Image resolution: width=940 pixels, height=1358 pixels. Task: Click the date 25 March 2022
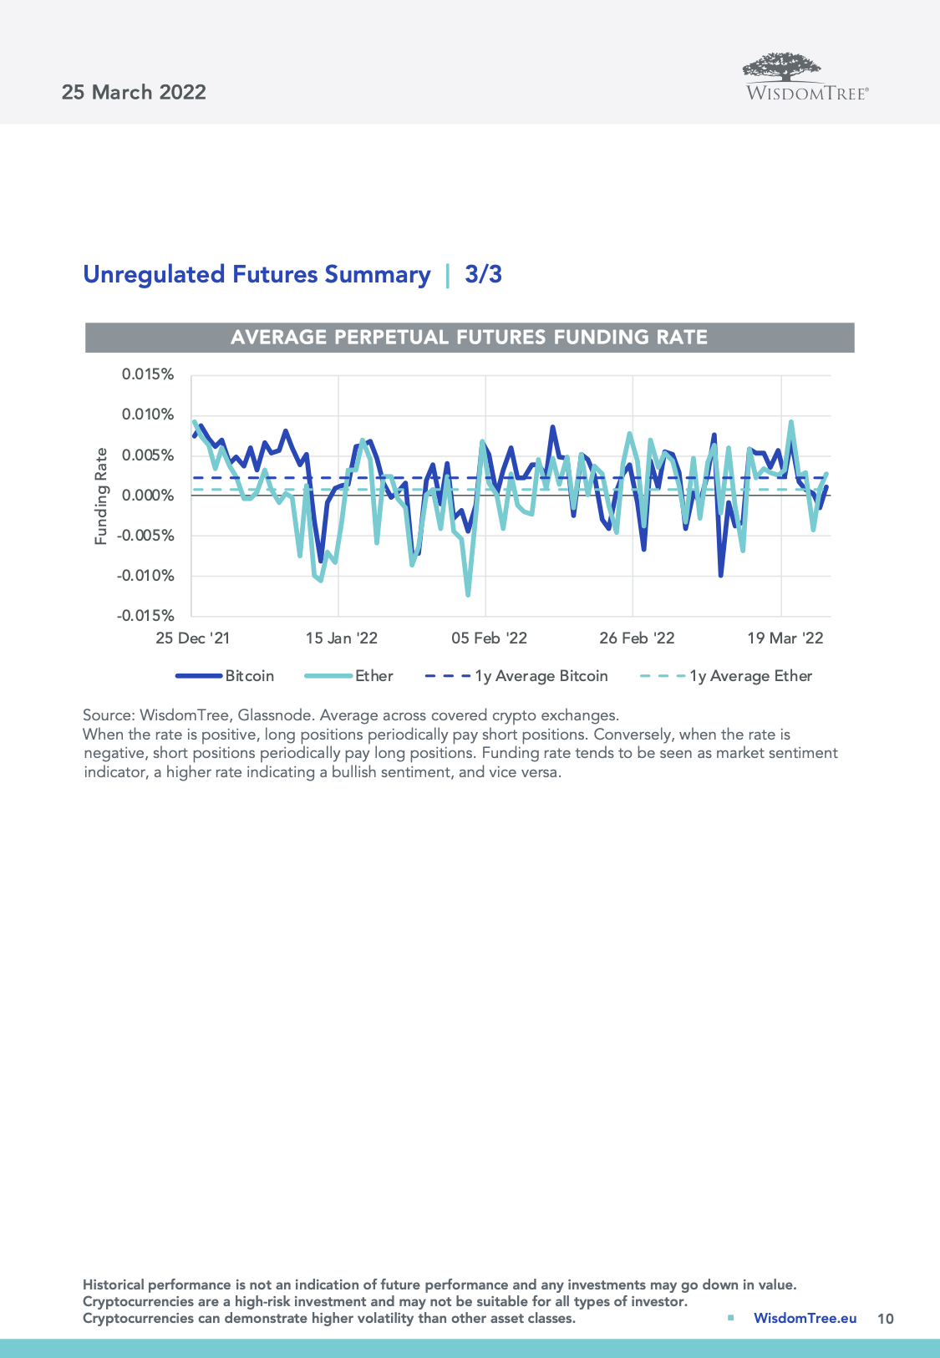tap(134, 92)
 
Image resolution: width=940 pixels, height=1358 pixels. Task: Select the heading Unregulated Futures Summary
tap(257, 274)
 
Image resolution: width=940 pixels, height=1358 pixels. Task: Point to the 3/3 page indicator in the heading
tap(483, 274)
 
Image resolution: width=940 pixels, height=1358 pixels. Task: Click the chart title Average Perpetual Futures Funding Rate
tap(470, 337)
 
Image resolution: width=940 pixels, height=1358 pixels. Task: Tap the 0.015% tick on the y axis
tap(148, 374)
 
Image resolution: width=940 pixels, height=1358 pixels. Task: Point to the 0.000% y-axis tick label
tap(148, 495)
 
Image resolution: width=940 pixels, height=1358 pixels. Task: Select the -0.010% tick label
tap(145, 575)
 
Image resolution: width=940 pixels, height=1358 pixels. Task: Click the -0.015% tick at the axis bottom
tap(145, 615)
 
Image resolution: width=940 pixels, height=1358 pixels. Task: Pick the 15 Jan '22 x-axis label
tap(341, 638)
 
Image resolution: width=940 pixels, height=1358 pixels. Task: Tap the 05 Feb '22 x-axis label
tap(489, 638)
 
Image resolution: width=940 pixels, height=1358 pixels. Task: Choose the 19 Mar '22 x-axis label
tap(785, 638)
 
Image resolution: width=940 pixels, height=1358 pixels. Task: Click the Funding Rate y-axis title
tap(101, 496)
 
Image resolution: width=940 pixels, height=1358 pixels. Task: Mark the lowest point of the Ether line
tap(468, 595)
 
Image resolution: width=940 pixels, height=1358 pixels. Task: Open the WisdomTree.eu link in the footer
tap(805, 1318)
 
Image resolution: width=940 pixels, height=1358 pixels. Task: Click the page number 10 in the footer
tap(885, 1319)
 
